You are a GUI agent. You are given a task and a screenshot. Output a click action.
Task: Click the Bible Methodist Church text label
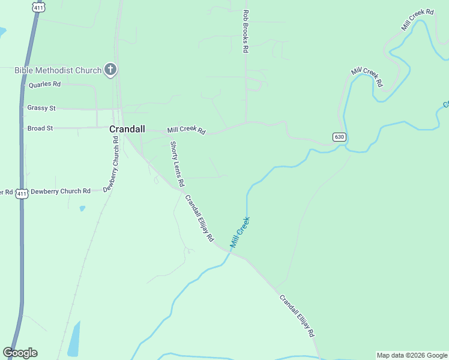(x=58, y=70)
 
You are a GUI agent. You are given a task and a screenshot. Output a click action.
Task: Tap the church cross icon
(x=110, y=70)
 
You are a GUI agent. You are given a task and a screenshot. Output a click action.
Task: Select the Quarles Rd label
(x=44, y=85)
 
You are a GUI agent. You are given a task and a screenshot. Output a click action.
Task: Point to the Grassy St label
(x=41, y=108)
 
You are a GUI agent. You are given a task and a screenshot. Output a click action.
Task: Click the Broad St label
(x=40, y=128)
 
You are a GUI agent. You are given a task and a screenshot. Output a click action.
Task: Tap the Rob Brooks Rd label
(x=246, y=31)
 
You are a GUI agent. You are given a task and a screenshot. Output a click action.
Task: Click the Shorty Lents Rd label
(x=177, y=163)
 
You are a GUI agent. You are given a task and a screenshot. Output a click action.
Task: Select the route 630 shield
(x=339, y=137)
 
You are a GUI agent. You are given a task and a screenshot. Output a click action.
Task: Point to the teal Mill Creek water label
(x=240, y=233)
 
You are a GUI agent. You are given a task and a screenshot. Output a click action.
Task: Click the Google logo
(x=20, y=353)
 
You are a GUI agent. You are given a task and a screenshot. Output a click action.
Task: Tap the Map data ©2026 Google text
(x=412, y=355)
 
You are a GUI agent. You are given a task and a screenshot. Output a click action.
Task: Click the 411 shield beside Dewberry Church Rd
(x=22, y=193)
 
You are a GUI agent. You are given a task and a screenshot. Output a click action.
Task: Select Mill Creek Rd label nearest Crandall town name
(x=186, y=130)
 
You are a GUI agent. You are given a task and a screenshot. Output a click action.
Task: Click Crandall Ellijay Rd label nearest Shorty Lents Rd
(x=199, y=218)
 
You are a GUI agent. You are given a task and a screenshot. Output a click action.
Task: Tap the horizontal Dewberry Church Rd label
(x=60, y=191)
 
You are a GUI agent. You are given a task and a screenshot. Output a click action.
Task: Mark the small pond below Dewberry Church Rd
(x=82, y=209)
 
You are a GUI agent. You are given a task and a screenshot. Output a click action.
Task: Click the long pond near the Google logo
(x=74, y=340)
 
